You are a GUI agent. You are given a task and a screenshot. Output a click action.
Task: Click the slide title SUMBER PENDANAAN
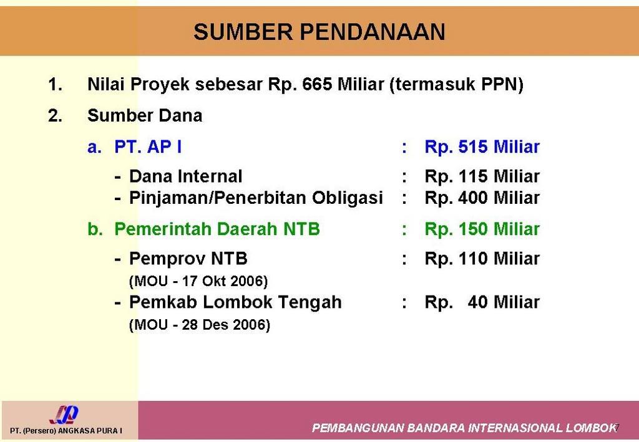(319, 32)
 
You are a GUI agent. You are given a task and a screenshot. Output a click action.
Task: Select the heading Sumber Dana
(145, 116)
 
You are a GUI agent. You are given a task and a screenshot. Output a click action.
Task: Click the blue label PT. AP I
(149, 148)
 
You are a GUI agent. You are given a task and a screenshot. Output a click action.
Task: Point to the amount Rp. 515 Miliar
(482, 148)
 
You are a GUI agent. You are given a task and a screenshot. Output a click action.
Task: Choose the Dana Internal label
(185, 176)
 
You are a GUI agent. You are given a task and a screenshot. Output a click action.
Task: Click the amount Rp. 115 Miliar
(482, 176)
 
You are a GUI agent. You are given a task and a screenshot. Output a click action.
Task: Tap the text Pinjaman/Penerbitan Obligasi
(256, 198)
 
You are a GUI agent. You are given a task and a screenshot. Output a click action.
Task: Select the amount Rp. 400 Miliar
(482, 198)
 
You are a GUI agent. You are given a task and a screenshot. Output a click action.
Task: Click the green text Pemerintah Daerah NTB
(217, 229)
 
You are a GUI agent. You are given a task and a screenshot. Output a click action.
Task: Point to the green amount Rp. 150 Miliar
(482, 229)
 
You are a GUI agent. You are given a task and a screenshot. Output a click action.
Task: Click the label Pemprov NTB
(188, 258)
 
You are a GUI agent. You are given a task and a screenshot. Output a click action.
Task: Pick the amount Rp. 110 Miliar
(482, 258)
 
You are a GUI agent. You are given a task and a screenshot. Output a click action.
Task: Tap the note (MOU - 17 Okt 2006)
(198, 281)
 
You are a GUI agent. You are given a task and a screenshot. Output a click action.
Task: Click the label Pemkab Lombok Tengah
(235, 302)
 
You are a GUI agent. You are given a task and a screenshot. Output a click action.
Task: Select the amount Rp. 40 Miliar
(482, 302)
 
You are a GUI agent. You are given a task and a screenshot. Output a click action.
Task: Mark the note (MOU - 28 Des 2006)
(199, 325)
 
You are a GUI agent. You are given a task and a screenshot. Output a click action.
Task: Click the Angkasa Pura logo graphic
(64, 415)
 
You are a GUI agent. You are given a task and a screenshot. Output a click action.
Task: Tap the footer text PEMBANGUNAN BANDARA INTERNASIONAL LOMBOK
(464, 428)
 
